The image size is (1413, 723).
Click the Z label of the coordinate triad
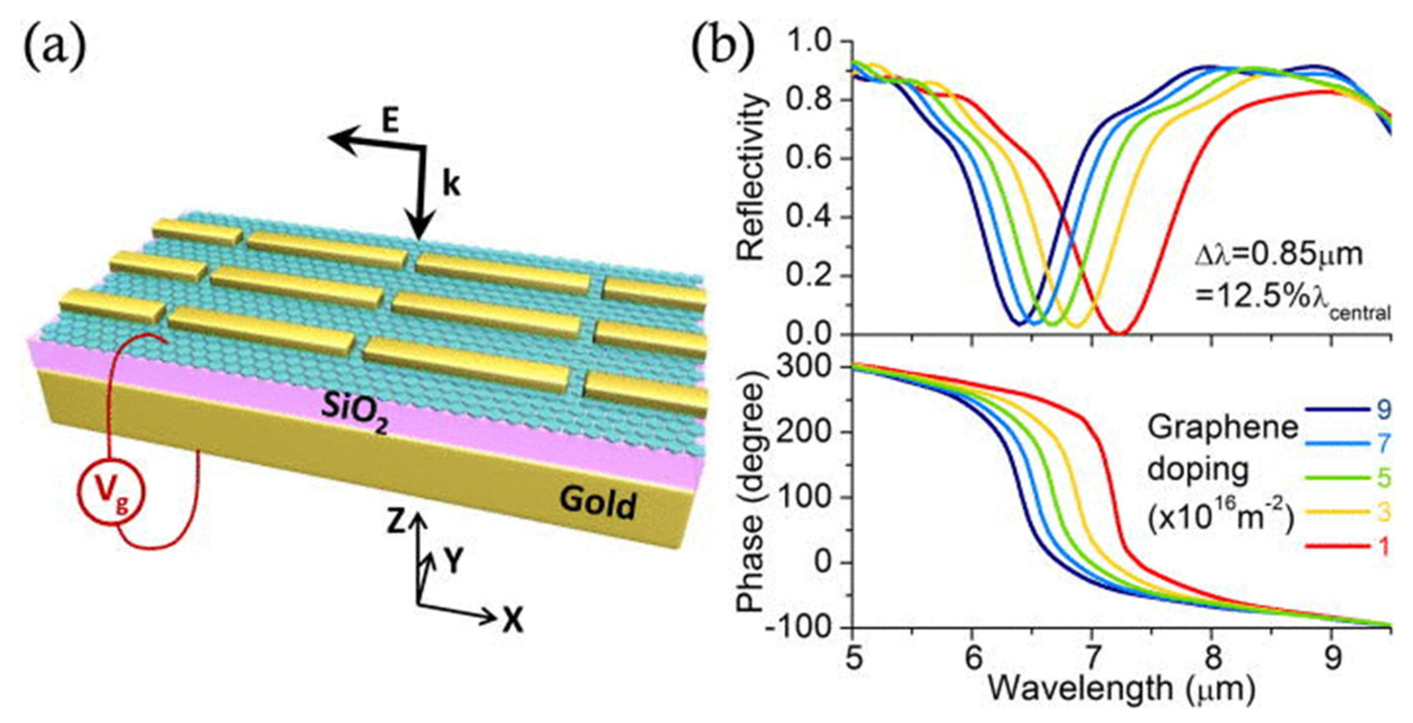pos(397,523)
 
